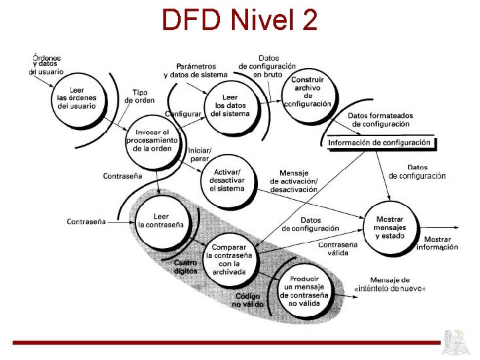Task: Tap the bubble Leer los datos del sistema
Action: point(230,105)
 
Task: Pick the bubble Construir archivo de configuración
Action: point(307,92)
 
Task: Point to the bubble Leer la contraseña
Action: point(161,221)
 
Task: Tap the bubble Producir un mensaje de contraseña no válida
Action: point(304,291)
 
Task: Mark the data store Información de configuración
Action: point(381,143)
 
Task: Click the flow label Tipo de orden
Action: point(139,97)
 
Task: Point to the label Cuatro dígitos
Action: point(185,267)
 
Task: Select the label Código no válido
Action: point(248,300)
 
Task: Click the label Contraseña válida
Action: point(338,249)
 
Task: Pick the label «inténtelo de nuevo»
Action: point(391,288)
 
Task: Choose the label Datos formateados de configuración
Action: point(381,120)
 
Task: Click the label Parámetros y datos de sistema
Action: point(196,71)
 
